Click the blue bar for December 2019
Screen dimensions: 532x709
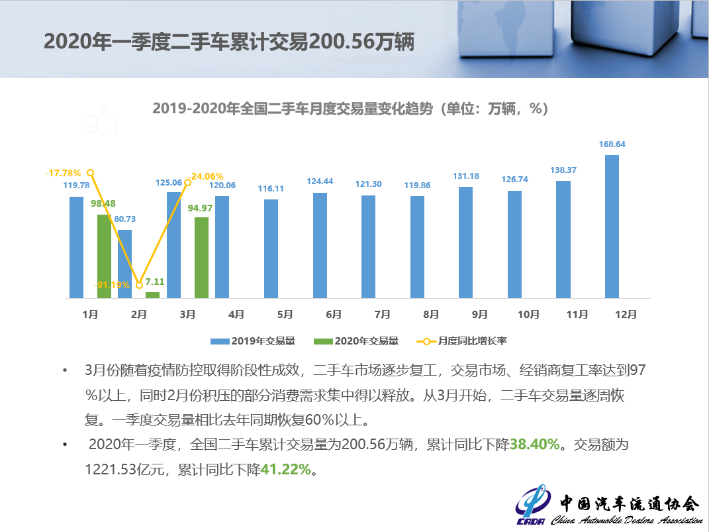tap(612, 227)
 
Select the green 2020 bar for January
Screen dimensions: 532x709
tap(104, 256)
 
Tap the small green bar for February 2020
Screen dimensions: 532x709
tap(152, 295)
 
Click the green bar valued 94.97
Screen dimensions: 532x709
tap(201, 258)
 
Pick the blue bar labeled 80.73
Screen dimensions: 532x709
tap(124, 264)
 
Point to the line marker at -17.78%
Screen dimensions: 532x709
tap(91, 172)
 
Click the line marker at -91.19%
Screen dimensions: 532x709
tap(139, 285)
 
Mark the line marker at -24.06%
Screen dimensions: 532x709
tap(187, 177)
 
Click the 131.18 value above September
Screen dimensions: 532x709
tap(465, 176)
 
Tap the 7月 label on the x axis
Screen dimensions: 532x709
tap(382, 315)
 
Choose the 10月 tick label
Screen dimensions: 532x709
tap(528, 315)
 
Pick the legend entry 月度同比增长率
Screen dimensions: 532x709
tap(463, 341)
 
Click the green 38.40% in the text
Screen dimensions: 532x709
tap(535, 444)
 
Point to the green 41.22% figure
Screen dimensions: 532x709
tap(285, 469)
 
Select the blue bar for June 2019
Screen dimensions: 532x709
tap(320, 245)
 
